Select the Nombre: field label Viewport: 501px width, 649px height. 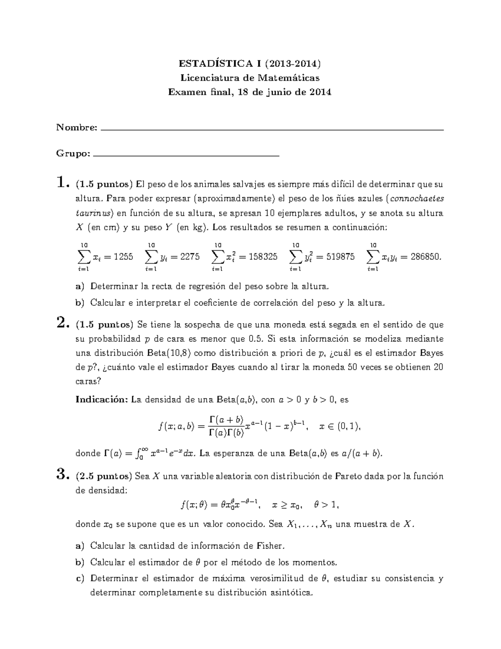pyautogui.click(x=77, y=127)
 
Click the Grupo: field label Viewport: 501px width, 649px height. pyautogui.click(x=73, y=153)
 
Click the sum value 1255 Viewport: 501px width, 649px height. pyautogui.click(x=123, y=257)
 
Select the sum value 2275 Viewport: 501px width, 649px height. pyautogui.click(x=190, y=257)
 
